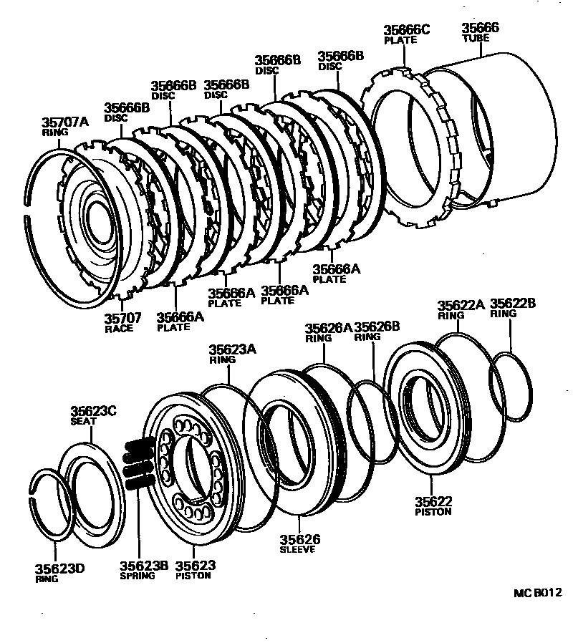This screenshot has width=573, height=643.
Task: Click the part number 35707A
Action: [x=64, y=122]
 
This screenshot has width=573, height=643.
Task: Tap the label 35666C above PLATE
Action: [x=406, y=29]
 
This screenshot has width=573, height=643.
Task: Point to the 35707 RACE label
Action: [x=123, y=321]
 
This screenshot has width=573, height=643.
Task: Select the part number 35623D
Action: [x=60, y=569]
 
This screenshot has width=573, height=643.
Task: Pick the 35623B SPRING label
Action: [x=143, y=570]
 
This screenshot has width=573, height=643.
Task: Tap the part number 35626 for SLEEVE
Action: [x=299, y=539]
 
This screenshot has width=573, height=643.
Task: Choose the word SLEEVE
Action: [x=297, y=550]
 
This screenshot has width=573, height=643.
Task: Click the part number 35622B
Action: [x=512, y=304]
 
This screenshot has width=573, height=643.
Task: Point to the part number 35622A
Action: [x=461, y=304]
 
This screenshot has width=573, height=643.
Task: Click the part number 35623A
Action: [x=232, y=349]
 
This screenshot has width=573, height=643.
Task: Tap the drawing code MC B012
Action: [x=537, y=593]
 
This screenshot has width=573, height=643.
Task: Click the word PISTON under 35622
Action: [x=432, y=512]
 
